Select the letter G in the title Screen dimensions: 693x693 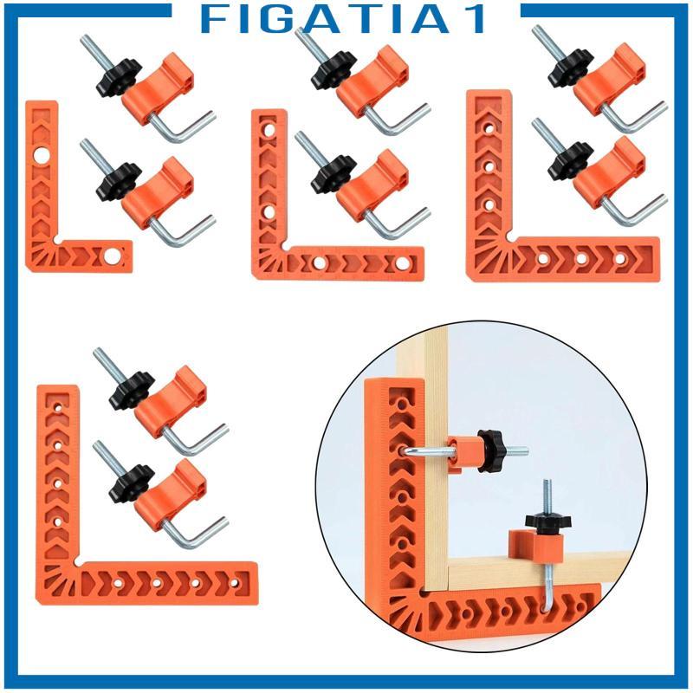(279, 19)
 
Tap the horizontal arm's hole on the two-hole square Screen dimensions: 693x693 (112, 256)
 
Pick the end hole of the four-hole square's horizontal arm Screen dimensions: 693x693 (403, 264)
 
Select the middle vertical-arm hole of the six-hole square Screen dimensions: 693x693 (489, 166)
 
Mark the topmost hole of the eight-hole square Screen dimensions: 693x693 (58, 408)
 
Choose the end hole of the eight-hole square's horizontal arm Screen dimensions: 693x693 (235, 583)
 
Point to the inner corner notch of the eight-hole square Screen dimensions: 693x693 (78, 561)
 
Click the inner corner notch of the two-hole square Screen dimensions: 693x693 (56, 241)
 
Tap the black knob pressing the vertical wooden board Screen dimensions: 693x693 (492, 450)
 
